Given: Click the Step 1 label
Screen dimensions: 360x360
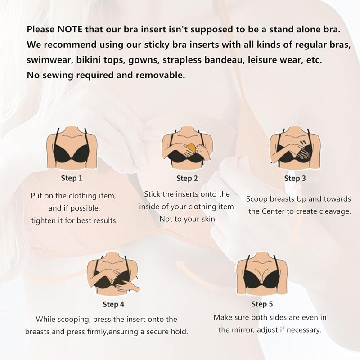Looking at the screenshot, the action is [72, 178].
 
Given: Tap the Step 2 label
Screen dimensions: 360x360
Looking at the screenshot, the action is [187, 178].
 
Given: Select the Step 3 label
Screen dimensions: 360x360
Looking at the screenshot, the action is [295, 178].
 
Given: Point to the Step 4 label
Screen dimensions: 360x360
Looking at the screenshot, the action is [113, 304].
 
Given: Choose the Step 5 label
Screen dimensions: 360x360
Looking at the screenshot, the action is [262, 304].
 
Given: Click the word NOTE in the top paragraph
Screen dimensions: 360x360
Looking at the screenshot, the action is [70, 29].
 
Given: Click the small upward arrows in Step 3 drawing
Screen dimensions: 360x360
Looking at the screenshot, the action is [303, 143].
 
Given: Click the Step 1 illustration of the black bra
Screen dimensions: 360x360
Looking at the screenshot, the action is [72, 148].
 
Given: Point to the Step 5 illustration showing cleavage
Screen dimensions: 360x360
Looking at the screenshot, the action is [262, 274].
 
